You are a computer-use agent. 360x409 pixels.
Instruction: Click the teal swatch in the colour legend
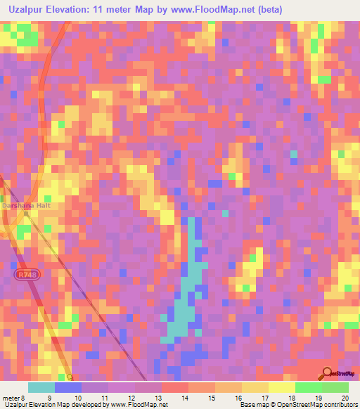tap(41, 387)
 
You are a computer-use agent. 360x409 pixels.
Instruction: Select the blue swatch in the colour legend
tap(68, 387)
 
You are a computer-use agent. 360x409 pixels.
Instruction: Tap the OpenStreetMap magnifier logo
tap(327, 373)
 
